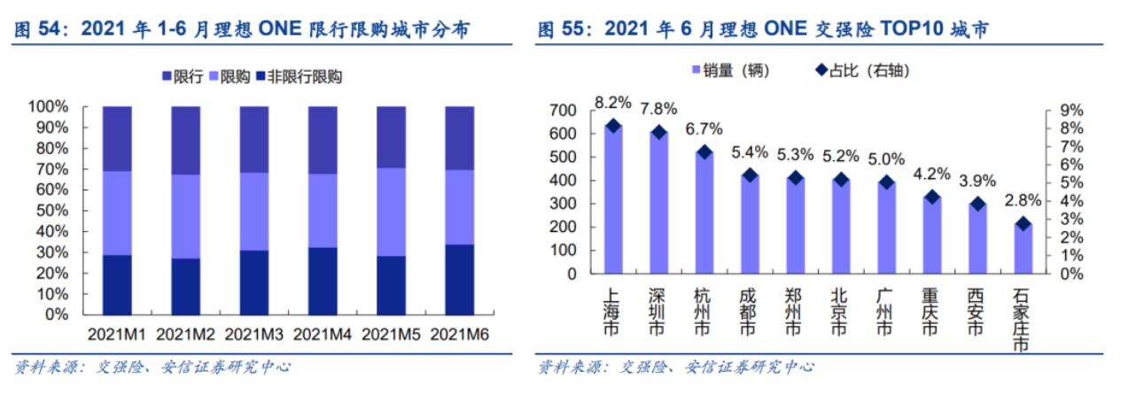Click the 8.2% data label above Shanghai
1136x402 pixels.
click(612, 104)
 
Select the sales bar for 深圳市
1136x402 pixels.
click(658, 204)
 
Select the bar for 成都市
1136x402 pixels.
click(749, 225)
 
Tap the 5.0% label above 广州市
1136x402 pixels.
click(885, 159)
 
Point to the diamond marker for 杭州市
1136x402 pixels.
click(704, 151)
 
